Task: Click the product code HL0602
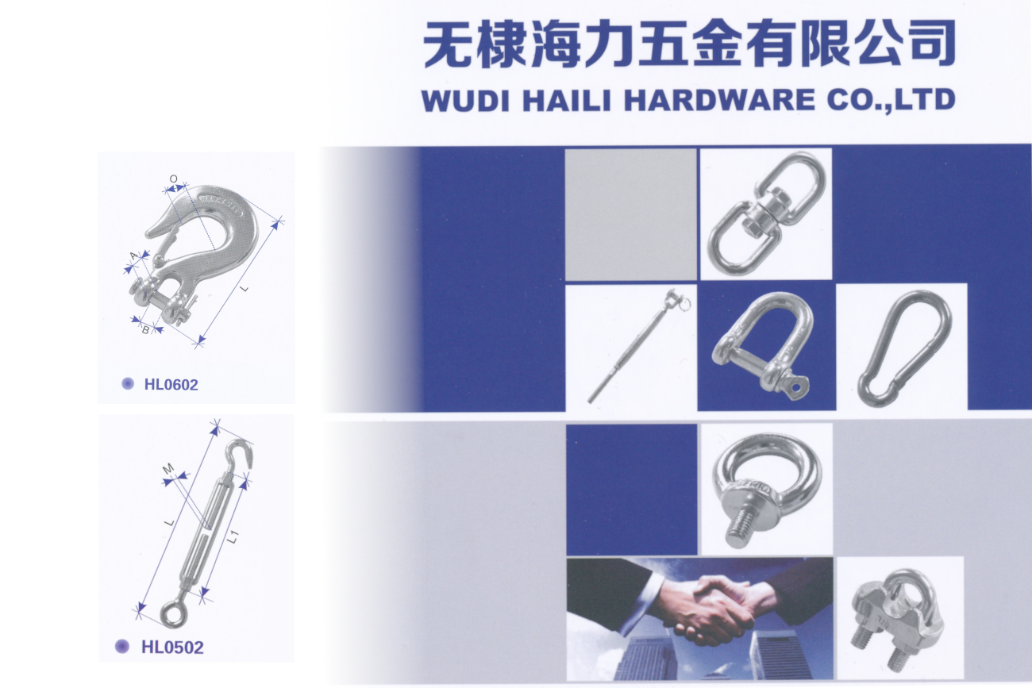171,385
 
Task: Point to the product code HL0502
172,647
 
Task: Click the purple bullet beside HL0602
128,384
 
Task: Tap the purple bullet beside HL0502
122,646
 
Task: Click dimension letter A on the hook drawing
133,255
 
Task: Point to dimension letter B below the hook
146,329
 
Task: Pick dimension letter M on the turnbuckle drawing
168,469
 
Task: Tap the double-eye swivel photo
764,213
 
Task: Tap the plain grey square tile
630,214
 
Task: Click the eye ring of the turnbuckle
170,611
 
